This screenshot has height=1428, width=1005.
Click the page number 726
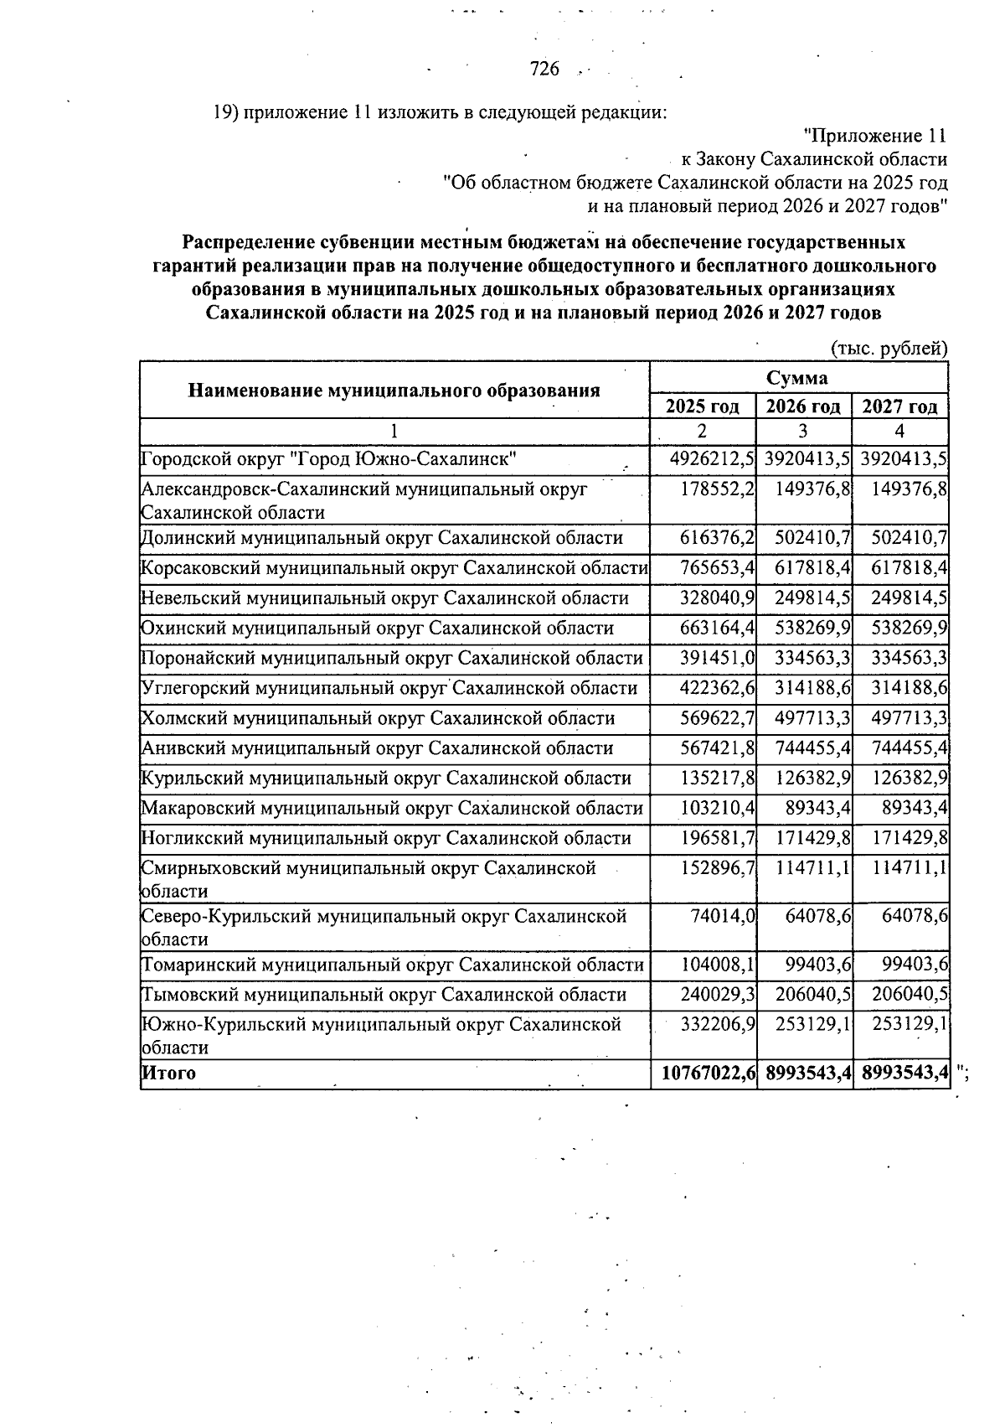point(544,69)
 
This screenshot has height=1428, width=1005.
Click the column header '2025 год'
point(702,406)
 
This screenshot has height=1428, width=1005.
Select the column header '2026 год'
point(803,406)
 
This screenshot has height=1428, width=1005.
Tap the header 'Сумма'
point(797,377)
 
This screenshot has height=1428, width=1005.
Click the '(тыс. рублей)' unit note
point(889,349)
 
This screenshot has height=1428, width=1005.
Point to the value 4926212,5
point(713,459)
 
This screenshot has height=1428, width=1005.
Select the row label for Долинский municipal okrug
point(382,538)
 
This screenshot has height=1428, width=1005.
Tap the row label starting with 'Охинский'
point(377,629)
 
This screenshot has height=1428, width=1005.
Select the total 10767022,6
point(709,1073)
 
